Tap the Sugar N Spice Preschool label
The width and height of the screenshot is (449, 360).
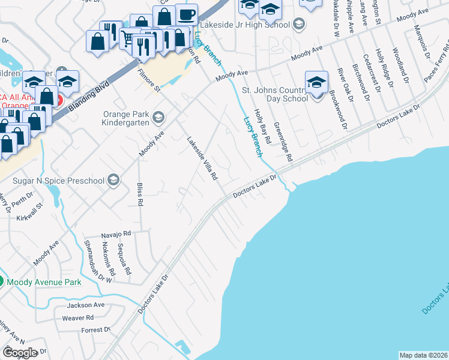tap(61, 179)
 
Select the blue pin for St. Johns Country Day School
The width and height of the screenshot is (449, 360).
tap(316, 83)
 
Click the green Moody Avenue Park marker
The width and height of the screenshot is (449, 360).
tap(2, 281)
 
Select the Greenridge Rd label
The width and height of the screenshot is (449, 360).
tap(282, 142)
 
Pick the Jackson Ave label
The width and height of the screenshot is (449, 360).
tap(86, 305)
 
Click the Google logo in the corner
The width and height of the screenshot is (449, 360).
tap(19, 353)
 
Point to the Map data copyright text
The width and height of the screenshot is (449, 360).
tap(423, 355)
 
